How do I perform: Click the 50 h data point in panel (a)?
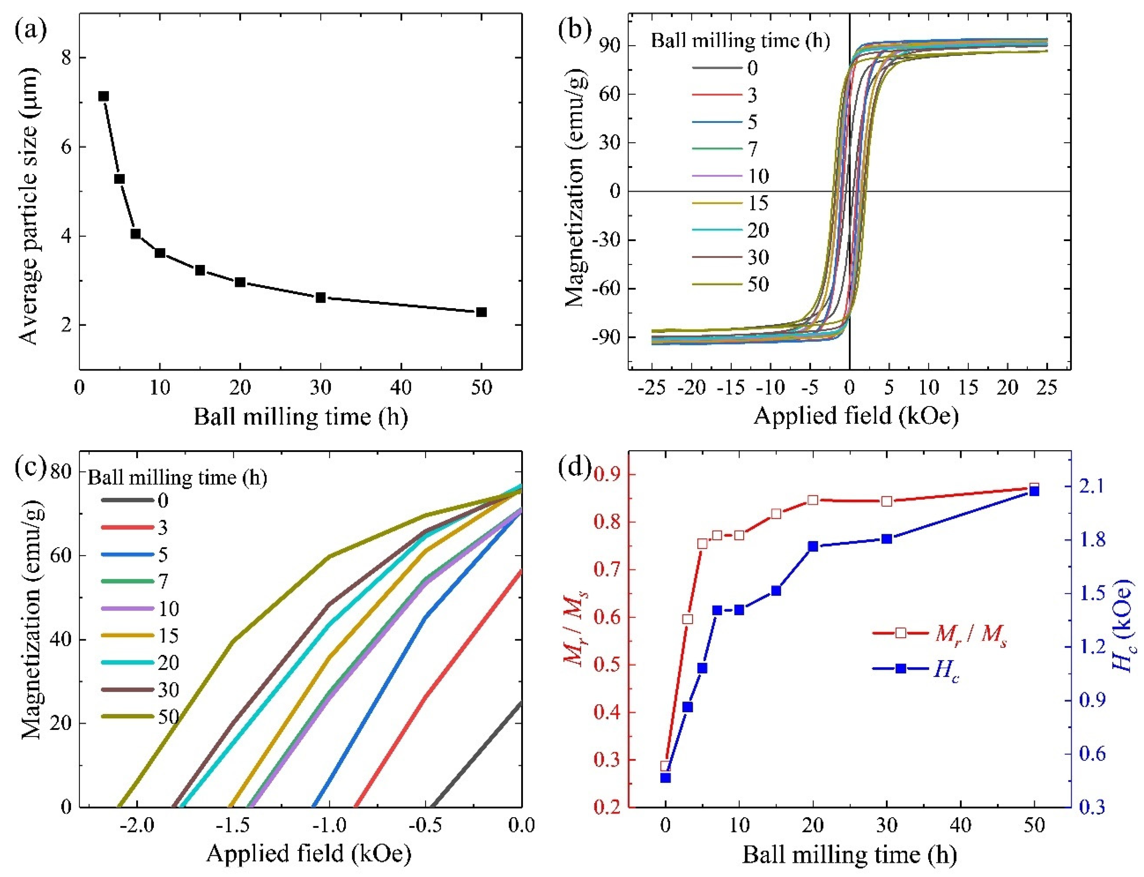click(481, 312)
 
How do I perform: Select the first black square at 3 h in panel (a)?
click(103, 96)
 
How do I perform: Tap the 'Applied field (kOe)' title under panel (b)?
click(856, 416)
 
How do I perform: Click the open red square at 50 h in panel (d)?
click(1033, 488)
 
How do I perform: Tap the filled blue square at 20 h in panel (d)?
click(813, 546)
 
